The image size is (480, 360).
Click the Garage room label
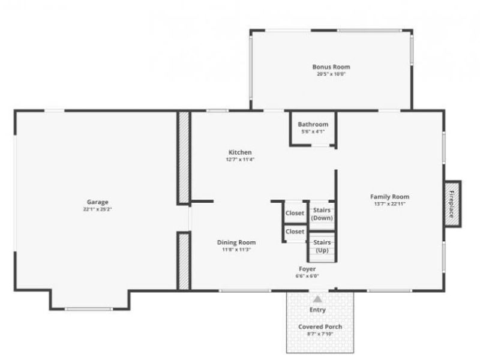(x=97, y=202)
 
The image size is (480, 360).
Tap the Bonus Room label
(x=331, y=67)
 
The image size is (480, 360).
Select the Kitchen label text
(x=239, y=152)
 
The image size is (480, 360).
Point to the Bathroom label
(x=313, y=124)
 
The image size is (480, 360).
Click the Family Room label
(x=389, y=197)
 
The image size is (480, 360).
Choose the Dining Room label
(x=236, y=242)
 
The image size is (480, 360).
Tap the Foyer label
(x=307, y=269)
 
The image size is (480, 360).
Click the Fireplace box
(x=452, y=204)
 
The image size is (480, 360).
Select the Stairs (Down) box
(x=322, y=214)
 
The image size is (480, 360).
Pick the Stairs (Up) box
(x=322, y=246)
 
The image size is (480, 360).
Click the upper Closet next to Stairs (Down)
(x=295, y=213)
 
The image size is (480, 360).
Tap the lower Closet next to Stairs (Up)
(x=295, y=232)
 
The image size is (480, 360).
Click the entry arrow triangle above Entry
(x=317, y=298)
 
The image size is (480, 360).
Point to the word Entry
(x=317, y=310)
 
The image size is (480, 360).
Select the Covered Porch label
(x=320, y=327)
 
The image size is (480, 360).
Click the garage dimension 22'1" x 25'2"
(x=97, y=209)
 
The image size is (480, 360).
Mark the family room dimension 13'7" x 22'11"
(x=389, y=204)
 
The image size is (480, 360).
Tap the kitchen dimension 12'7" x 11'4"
(x=239, y=160)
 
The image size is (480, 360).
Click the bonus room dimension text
(x=331, y=74)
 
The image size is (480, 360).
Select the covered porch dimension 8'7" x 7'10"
(x=320, y=334)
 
